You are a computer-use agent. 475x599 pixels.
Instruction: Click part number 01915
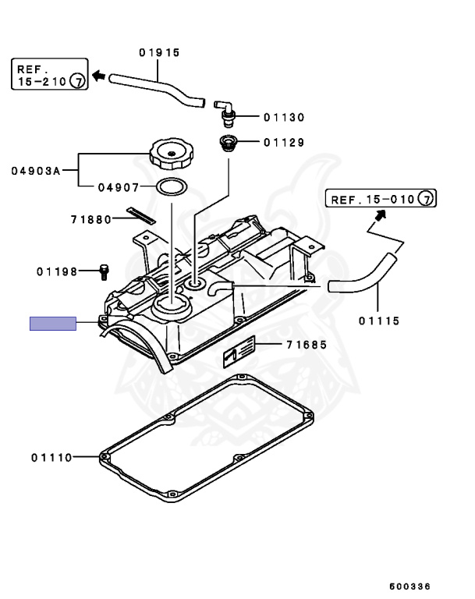point(159,53)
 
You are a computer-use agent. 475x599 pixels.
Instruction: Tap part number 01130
point(283,118)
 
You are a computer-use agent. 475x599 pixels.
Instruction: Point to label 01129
point(283,143)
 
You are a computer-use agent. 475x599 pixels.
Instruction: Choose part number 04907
point(119,187)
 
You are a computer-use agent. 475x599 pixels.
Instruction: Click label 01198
point(56,272)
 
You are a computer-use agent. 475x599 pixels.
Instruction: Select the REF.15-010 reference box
point(381,200)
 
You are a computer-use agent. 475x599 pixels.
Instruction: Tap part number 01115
point(379,320)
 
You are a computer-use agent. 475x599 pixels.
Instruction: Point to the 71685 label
point(306,345)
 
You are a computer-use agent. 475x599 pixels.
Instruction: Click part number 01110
point(51,457)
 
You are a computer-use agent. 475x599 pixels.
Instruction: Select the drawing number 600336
point(409,586)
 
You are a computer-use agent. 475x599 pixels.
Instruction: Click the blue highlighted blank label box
point(53,324)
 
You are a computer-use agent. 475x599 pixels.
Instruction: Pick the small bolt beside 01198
point(103,271)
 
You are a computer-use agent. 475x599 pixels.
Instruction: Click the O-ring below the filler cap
point(172,187)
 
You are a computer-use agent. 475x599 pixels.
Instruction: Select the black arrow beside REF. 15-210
point(98,76)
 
